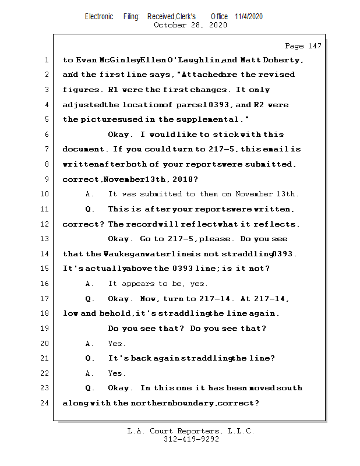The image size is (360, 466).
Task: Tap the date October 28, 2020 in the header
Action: (x=190, y=24)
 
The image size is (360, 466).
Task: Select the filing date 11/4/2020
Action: (x=249, y=16)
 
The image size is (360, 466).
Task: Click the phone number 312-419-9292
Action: (x=191, y=439)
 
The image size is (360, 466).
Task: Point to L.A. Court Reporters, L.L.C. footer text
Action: (x=190, y=431)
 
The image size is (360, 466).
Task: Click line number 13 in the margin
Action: (x=45, y=239)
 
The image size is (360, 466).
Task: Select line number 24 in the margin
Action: (x=45, y=403)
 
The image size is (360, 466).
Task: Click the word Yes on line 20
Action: (x=117, y=344)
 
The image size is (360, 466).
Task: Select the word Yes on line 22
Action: (x=117, y=373)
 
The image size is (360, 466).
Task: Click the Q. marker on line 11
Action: (x=90, y=209)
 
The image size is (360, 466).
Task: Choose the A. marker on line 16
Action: (x=90, y=284)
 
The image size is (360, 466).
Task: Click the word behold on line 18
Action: (x=116, y=313)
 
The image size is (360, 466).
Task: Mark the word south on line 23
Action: (x=290, y=388)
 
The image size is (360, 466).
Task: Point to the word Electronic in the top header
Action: (x=99, y=16)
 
